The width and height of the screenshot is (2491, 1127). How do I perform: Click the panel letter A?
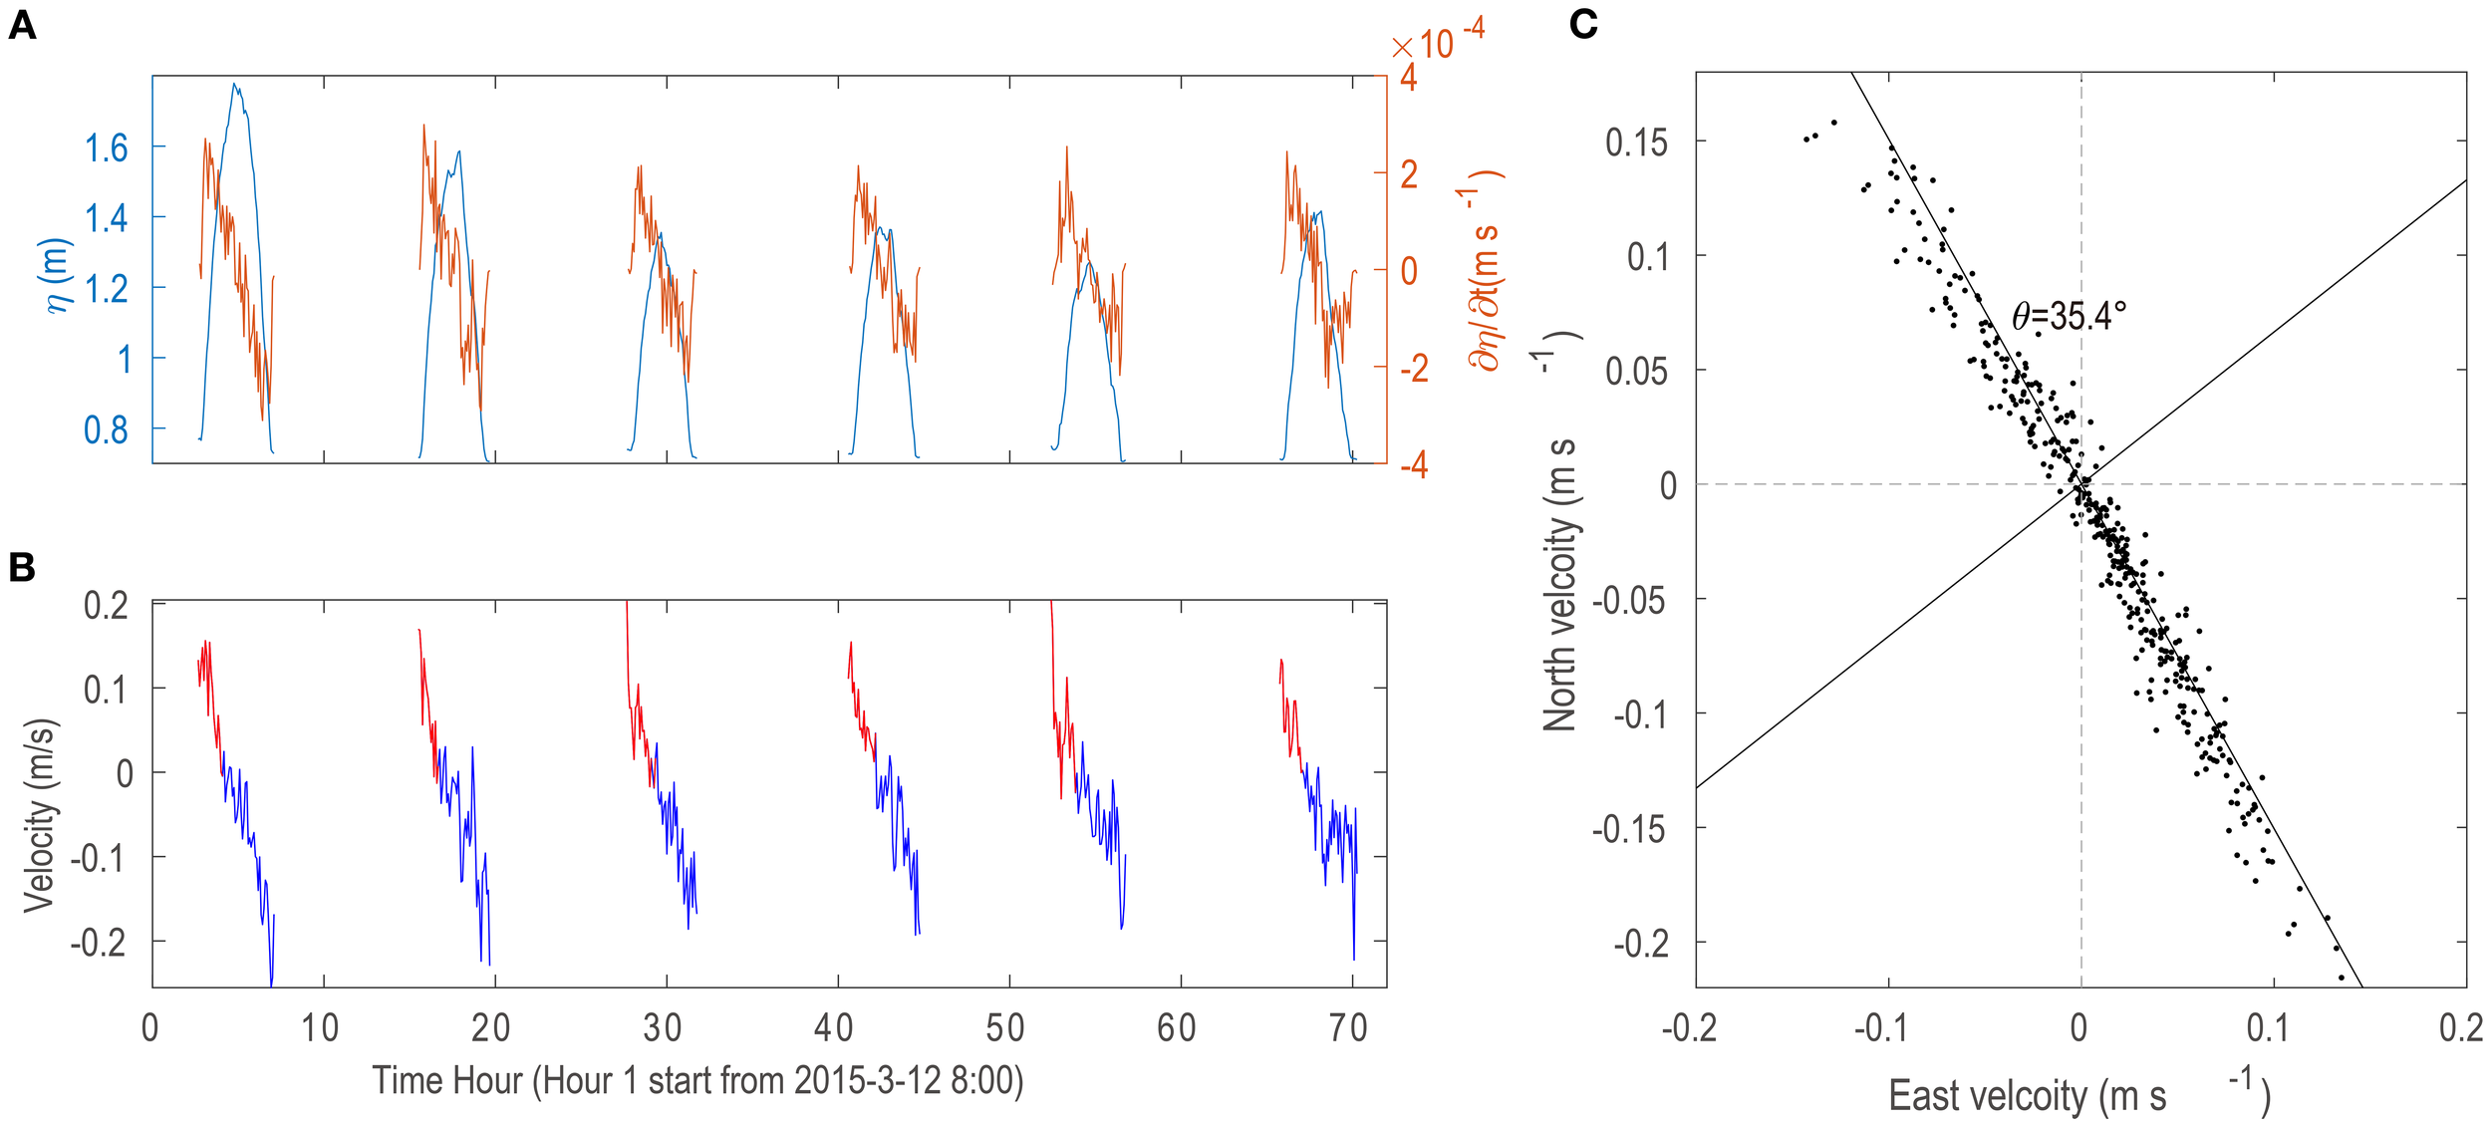pyautogui.click(x=22, y=26)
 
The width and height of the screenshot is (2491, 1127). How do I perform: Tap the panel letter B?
pyautogui.click(x=22, y=567)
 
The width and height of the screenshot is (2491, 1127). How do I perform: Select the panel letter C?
pyautogui.click(x=1582, y=24)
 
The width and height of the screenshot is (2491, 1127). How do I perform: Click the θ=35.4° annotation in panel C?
pyautogui.click(x=2069, y=316)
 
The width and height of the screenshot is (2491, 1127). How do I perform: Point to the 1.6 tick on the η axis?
pyautogui.click(x=106, y=148)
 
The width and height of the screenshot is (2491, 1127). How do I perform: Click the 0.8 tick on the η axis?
pyautogui.click(x=106, y=429)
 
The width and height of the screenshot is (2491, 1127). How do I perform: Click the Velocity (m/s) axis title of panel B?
pyautogui.click(x=40, y=814)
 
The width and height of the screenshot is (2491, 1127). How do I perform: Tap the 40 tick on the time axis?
pyautogui.click(x=835, y=1027)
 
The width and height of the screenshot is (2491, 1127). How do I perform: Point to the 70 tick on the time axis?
pyautogui.click(x=1348, y=1027)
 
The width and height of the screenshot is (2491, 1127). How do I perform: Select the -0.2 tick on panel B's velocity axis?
pyautogui.click(x=99, y=942)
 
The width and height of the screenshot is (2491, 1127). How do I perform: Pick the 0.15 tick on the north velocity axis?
pyautogui.click(x=1635, y=142)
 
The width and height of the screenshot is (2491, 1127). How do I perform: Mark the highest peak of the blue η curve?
pyautogui.click(x=235, y=84)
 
